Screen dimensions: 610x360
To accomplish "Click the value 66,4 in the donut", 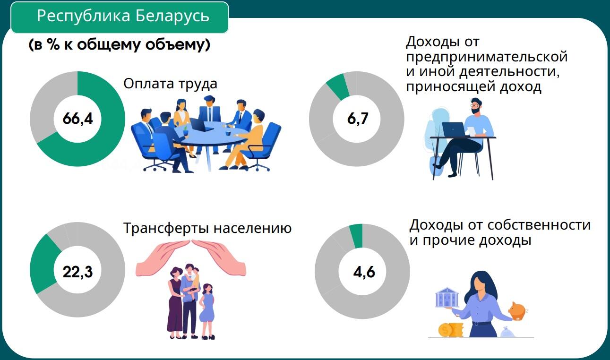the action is click(77, 119).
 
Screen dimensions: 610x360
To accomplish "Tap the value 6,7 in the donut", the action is click(358, 119).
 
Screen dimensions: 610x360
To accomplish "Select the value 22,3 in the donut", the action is click(77, 272).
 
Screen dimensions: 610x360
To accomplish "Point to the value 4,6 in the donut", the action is click(364, 272).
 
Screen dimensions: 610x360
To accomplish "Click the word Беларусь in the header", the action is click(172, 16).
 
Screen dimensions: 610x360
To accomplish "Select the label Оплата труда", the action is click(171, 84).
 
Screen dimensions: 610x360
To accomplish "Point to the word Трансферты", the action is click(167, 228).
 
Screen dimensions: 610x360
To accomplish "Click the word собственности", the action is click(539, 225).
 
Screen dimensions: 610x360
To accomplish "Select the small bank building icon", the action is click(447, 297).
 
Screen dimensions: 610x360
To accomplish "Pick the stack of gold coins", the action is click(451, 329).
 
